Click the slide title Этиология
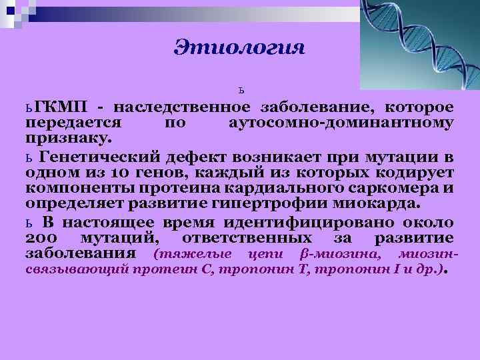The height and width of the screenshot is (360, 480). [239, 47]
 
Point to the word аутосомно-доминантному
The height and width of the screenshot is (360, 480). [341, 123]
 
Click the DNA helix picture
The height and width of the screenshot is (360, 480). [419, 43]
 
